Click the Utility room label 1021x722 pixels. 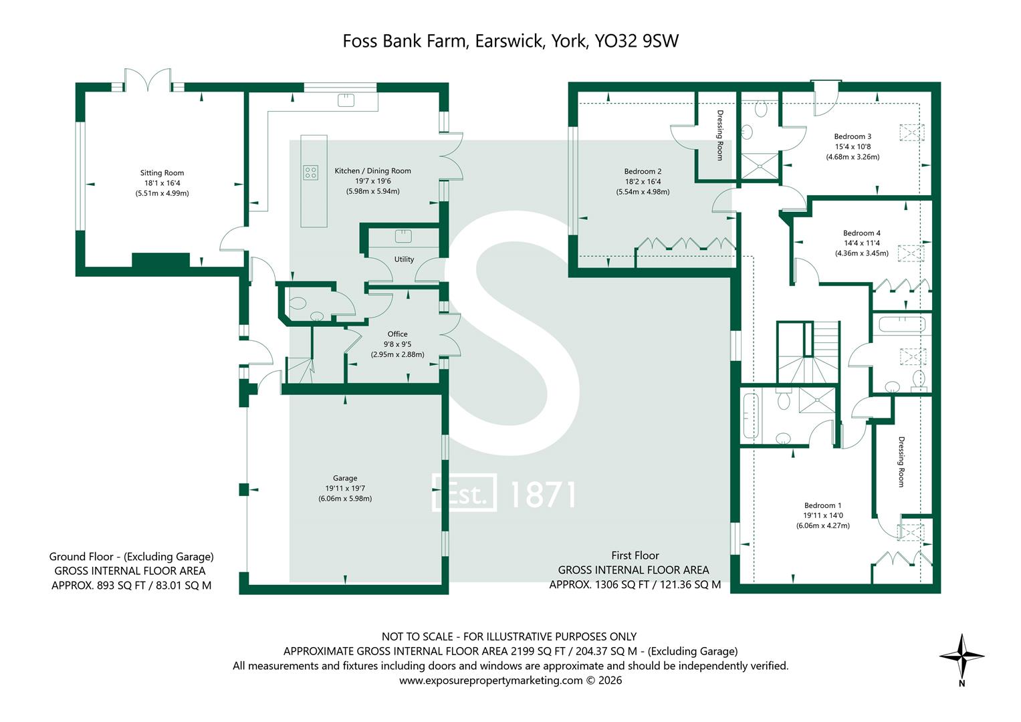[404, 259]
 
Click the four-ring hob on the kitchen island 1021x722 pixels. [311, 172]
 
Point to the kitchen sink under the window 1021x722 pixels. [346, 100]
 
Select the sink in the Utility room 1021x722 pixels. [403, 236]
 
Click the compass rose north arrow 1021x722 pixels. [961, 656]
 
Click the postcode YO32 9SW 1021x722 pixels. [637, 41]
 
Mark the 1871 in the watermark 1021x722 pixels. [542, 495]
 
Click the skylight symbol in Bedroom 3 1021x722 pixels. [911, 132]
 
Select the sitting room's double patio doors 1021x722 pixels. [148, 80]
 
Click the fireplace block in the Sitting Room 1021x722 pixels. [160, 260]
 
